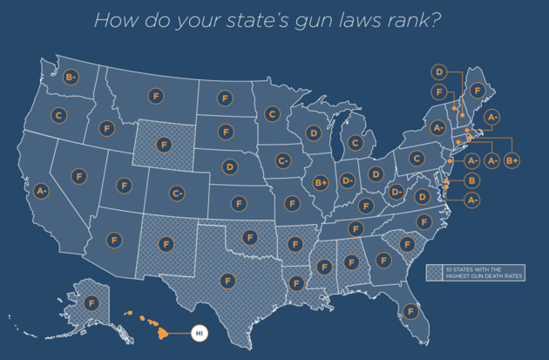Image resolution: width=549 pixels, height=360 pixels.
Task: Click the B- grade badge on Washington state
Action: tap(72, 78)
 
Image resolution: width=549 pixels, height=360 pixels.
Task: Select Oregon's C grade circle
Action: tap(58, 114)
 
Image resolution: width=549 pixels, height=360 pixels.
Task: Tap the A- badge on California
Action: tap(41, 189)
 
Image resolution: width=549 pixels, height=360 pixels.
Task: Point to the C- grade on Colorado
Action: tap(177, 193)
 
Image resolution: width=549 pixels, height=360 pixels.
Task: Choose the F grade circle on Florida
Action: tap(411, 311)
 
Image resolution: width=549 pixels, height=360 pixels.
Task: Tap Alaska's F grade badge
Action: tap(91, 303)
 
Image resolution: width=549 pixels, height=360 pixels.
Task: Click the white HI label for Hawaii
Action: tap(199, 332)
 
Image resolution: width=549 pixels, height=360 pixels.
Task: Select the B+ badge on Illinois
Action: tap(321, 183)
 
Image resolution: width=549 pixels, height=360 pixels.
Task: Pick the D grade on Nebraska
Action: tap(229, 166)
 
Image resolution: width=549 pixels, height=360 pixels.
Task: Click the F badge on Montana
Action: tap(156, 95)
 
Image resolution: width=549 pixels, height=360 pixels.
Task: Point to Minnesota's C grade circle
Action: tap(272, 113)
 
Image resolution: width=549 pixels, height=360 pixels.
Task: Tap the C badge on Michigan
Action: tap(355, 142)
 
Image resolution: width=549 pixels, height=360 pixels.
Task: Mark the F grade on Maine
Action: tap(478, 90)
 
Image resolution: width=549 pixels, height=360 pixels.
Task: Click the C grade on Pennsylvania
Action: tap(417, 159)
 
